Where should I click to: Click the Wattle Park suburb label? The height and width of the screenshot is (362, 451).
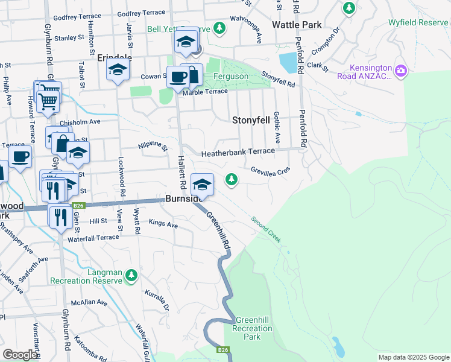point(297,25)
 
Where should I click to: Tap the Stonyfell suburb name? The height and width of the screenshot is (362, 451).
point(251,120)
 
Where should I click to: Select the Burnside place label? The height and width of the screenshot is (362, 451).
point(179,200)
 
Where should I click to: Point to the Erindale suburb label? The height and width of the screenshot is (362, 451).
point(114,58)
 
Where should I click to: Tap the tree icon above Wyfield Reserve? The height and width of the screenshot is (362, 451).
point(348,8)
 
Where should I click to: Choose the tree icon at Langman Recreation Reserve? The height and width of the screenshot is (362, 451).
point(131,276)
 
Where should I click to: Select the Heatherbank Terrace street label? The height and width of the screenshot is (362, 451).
point(238,153)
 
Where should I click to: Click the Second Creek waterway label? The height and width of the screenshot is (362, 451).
point(266,230)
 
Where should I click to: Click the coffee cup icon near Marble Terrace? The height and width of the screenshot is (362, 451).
point(179,77)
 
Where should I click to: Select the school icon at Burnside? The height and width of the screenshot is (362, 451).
point(202,183)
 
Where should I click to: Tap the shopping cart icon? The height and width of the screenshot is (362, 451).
point(49,94)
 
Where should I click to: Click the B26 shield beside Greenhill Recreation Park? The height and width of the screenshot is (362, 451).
point(223,349)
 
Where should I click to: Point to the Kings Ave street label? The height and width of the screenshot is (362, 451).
point(163,224)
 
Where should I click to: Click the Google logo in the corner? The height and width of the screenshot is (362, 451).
point(20,355)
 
